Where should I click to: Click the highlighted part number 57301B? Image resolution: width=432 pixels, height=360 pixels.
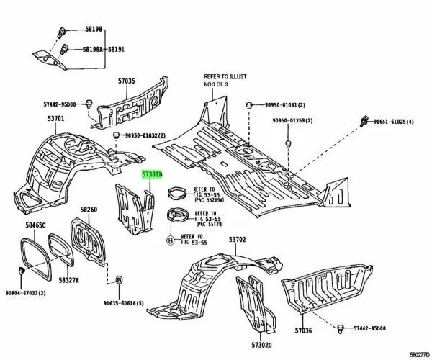point(151,174)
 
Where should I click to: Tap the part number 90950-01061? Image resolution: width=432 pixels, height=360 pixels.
point(283,104)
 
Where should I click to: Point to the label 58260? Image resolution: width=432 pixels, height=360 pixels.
point(89,210)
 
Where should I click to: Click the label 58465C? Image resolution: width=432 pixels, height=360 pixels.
point(35,226)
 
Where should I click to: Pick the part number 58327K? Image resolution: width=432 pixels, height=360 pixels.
point(70,279)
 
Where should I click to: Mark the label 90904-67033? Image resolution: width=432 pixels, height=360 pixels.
point(23,294)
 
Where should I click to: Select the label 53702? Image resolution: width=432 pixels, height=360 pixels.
point(238,239)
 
